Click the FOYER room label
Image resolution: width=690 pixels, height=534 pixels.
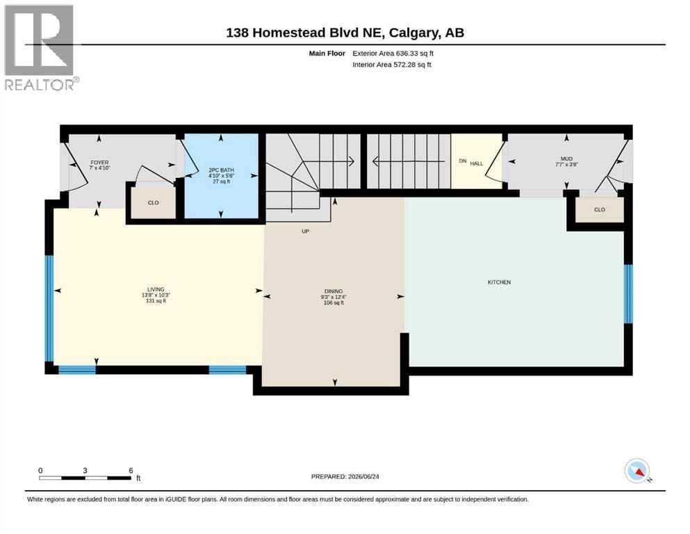(99, 163)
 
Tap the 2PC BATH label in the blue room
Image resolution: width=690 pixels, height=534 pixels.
(222, 170)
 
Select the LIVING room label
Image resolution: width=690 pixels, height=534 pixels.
(156, 290)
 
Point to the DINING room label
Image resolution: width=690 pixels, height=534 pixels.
(334, 291)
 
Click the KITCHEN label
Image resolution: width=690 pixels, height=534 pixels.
(499, 282)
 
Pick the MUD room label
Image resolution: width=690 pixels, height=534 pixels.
(566, 159)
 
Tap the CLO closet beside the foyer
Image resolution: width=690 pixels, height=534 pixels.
(153, 203)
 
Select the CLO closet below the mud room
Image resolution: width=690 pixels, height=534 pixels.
(600, 209)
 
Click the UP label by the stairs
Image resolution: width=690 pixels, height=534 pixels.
(306, 231)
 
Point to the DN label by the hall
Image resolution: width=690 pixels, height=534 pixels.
(463, 161)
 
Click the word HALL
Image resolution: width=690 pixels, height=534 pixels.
(477, 163)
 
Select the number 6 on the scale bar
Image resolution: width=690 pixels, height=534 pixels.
(131, 471)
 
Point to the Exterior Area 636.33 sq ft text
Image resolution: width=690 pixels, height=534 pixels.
(393, 54)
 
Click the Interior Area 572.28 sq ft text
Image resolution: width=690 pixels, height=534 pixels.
(392, 65)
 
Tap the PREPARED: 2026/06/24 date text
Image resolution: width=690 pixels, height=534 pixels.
(345, 476)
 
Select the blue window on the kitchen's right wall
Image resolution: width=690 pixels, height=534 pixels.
(628, 293)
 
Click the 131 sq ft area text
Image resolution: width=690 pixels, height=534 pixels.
(156, 301)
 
